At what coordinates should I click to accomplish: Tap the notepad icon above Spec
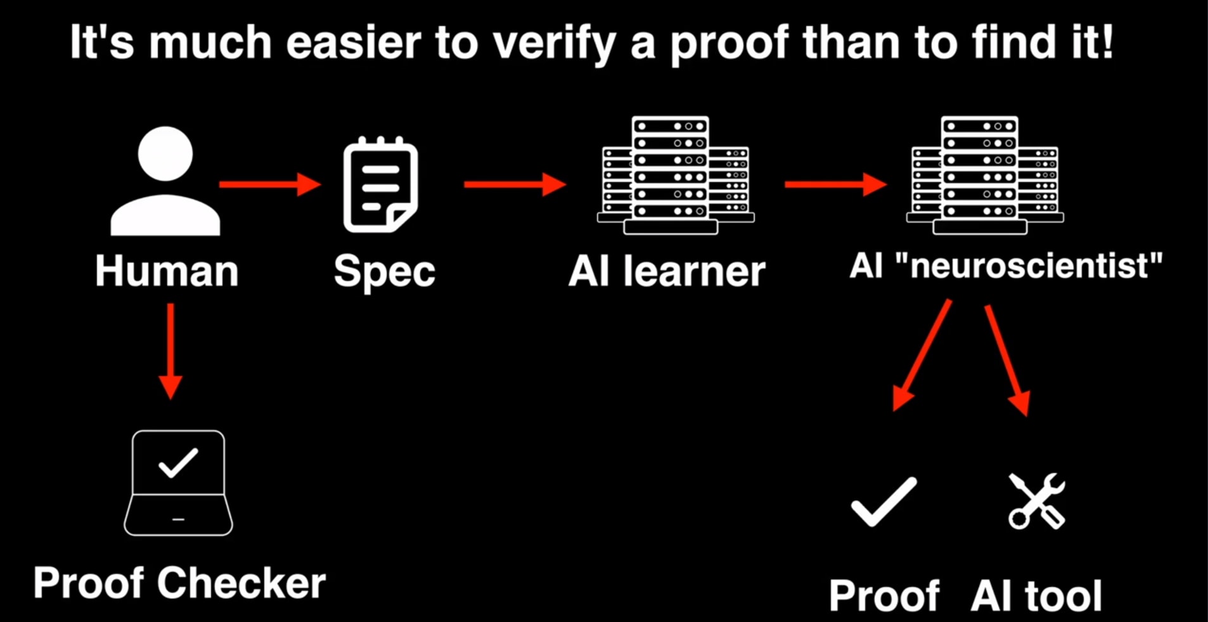(380, 185)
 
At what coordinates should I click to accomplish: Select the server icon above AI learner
(674, 176)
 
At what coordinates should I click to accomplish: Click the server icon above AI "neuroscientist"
(984, 176)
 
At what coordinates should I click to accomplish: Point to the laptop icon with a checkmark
(178, 483)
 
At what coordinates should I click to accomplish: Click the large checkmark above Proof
(884, 502)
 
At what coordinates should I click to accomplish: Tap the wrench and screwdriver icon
(1037, 501)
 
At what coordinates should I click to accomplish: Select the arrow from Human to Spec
(269, 185)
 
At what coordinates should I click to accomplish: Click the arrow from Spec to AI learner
(515, 185)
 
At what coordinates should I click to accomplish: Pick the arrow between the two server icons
(835, 185)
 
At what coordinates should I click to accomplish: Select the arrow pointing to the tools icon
(1007, 360)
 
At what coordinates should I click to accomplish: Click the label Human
(167, 271)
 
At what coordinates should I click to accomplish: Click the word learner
(694, 271)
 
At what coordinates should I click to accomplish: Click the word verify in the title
(553, 43)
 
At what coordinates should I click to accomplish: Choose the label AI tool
(1036, 595)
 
